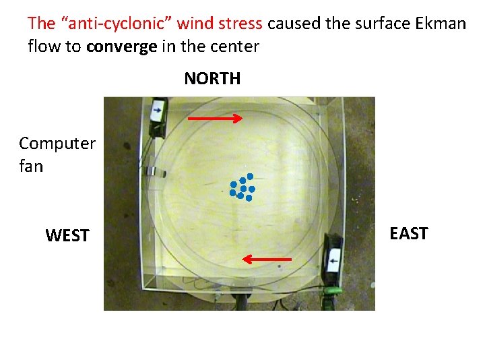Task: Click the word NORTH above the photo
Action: pyautogui.click(x=212, y=79)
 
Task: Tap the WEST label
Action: pyautogui.click(x=67, y=236)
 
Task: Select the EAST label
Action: pyautogui.click(x=409, y=234)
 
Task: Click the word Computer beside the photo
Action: pyautogui.click(x=57, y=144)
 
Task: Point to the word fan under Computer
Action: pyautogui.click(x=31, y=166)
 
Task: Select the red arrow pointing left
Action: pyautogui.click(x=267, y=259)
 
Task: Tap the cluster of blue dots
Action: pyautogui.click(x=242, y=187)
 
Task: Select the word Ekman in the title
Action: pyautogui.click(x=441, y=24)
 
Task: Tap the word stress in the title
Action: pyautogui.click(x=240, y=24)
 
